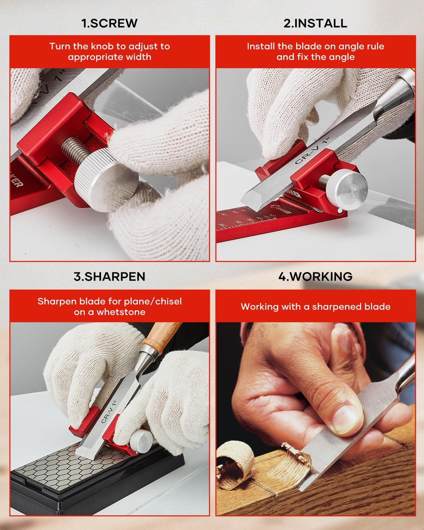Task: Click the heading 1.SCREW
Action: pyautogui.click(x=109, y=23)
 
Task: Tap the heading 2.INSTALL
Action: pyautogui.click(x=315, y=23)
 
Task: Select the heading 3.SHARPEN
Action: pyautogui.click(x=109, y=276)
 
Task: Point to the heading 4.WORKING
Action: pyautogui.click(x=315, y=276)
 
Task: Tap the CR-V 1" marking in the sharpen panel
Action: pyautogui.click(x=108, y=412)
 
